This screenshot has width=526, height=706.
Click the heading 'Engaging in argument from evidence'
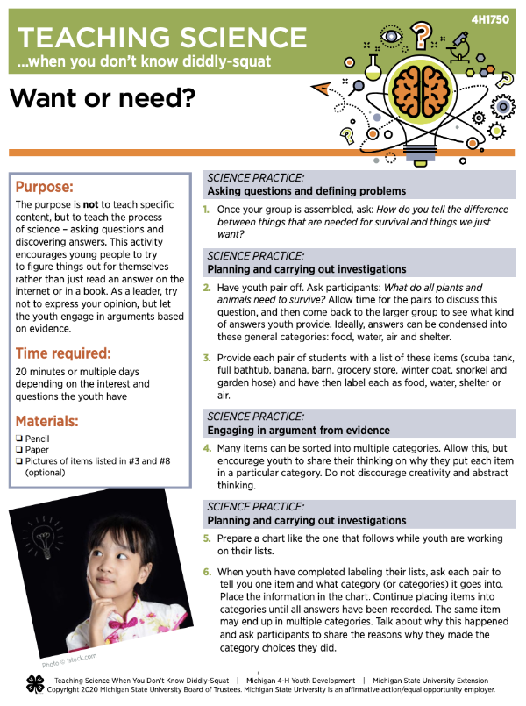coord(298,431)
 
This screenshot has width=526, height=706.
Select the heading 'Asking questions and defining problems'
coord(306,191)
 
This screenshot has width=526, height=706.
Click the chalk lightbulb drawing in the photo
coord(41,534)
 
